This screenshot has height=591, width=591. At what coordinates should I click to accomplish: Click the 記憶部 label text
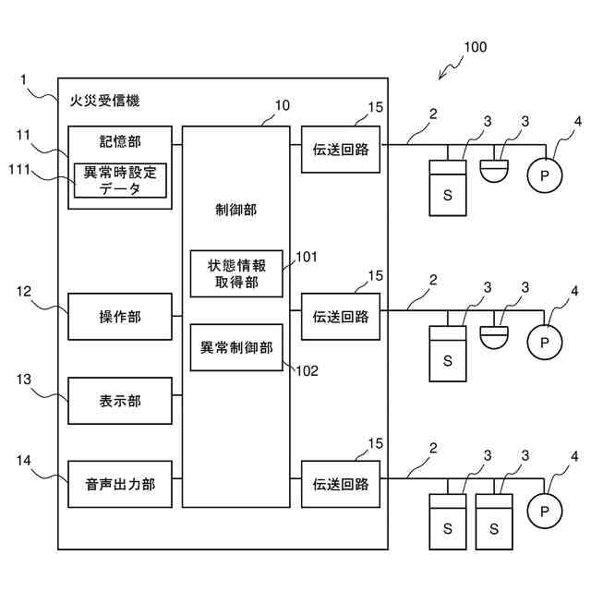(x=120, y=141)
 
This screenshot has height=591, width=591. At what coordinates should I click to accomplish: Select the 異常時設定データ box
(x=120, y=180)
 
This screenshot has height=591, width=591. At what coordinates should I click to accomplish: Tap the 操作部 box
(x=120, y=317)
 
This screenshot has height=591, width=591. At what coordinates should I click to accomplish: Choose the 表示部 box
(x=120, y=401)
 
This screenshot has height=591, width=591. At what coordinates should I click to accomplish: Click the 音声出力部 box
(x=120, y=484)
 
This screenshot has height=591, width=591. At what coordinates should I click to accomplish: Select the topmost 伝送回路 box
(x=341, y=150)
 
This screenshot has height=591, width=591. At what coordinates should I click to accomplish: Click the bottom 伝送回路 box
(x=341, y=484)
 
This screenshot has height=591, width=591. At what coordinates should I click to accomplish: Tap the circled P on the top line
(x=544, y=173)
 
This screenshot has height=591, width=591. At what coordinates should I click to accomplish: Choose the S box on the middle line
(x=448, y=353)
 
